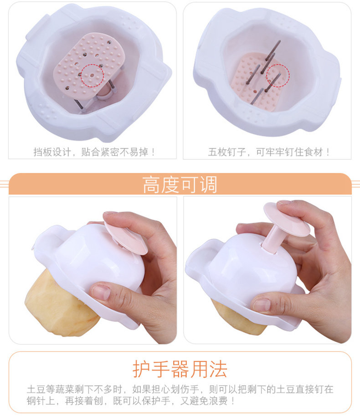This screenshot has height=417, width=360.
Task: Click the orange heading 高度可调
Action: point(180,184)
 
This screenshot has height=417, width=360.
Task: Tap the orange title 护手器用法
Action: point(180,369)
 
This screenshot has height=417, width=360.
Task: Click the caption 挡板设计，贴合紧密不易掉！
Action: point(94,152)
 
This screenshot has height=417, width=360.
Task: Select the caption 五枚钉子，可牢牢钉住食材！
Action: point(269,152)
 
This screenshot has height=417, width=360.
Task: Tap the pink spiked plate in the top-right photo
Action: point(257,81)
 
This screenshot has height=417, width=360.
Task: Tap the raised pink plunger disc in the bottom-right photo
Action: point(286,219)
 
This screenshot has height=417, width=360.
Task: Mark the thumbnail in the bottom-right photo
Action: point(262,304)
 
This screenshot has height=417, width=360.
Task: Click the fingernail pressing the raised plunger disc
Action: point(284,202)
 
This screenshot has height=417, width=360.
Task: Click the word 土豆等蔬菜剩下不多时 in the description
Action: point(74,389)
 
